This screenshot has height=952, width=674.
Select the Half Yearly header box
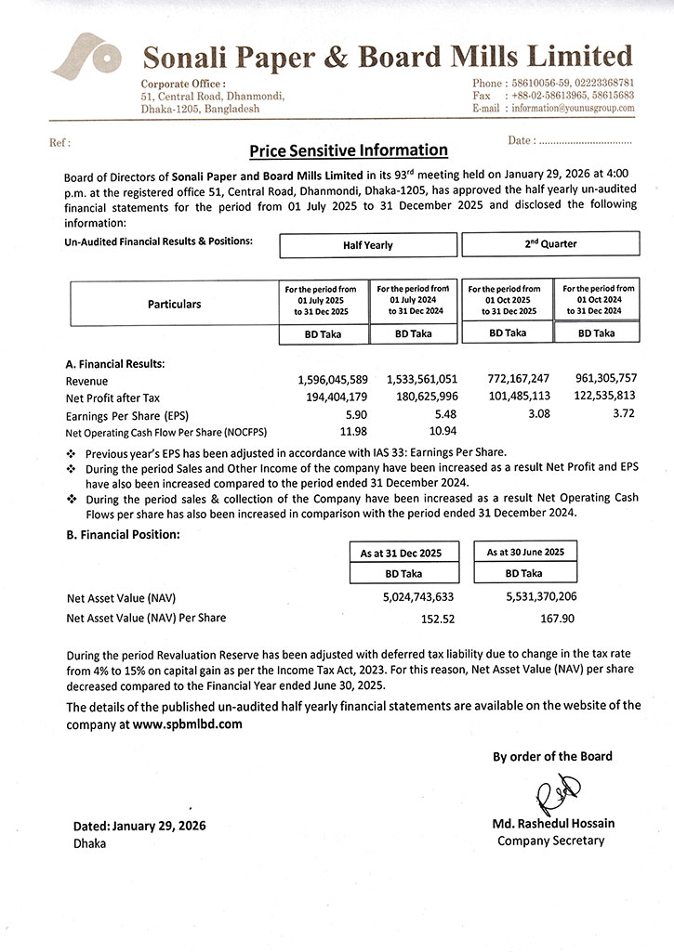tap(367, 245)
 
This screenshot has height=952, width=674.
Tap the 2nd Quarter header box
tap(550, 244)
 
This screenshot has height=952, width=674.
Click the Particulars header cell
tap(174, 304)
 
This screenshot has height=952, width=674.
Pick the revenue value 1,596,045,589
tap(333, 380)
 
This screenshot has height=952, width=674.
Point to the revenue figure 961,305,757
tap(601, 380)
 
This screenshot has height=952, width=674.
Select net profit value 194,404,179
tap(333, 398)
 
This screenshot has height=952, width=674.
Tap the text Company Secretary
tap(550, 841)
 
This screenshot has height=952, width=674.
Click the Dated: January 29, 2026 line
tap(139, 826)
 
